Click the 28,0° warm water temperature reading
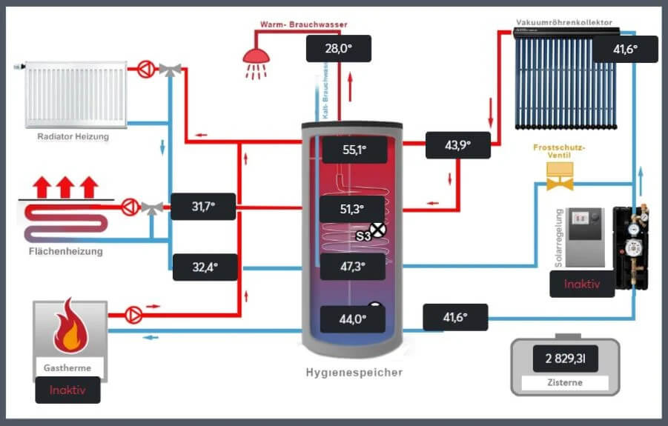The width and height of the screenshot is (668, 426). pyautogui.click(x=338, y=49)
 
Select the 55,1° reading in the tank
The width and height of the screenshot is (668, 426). pyautogui.click(x=354, y=150)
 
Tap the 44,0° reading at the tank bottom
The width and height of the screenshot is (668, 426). pyautogui.click(x=353, y=320)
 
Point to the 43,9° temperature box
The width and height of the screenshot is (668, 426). pyautogui.click(x=457, y=145)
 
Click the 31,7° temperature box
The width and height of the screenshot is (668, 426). pyautogui.click(x=203, y=207)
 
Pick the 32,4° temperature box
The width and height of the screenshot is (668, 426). pyautogui.click(x=205, y=267)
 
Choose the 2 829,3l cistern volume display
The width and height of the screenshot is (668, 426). pyautogui.click(x=565, y=359)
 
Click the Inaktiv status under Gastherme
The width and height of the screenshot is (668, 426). pyautogui.click(x=67, y=390)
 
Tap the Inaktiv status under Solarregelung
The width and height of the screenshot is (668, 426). pyautogui.click(x=582, y=284)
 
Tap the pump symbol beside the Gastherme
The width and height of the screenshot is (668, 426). pyautogui.click(x=134, y=313)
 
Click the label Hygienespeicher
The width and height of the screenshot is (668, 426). pyautogui.click(x=354, y=373)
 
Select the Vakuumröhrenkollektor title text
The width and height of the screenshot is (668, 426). pyautogui.click(x=564, y=23)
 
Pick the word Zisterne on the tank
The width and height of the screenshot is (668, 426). pyautogui.click(x=564, y=383)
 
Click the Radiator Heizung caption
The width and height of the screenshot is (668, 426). pyautogui.click(x=73, y=136)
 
